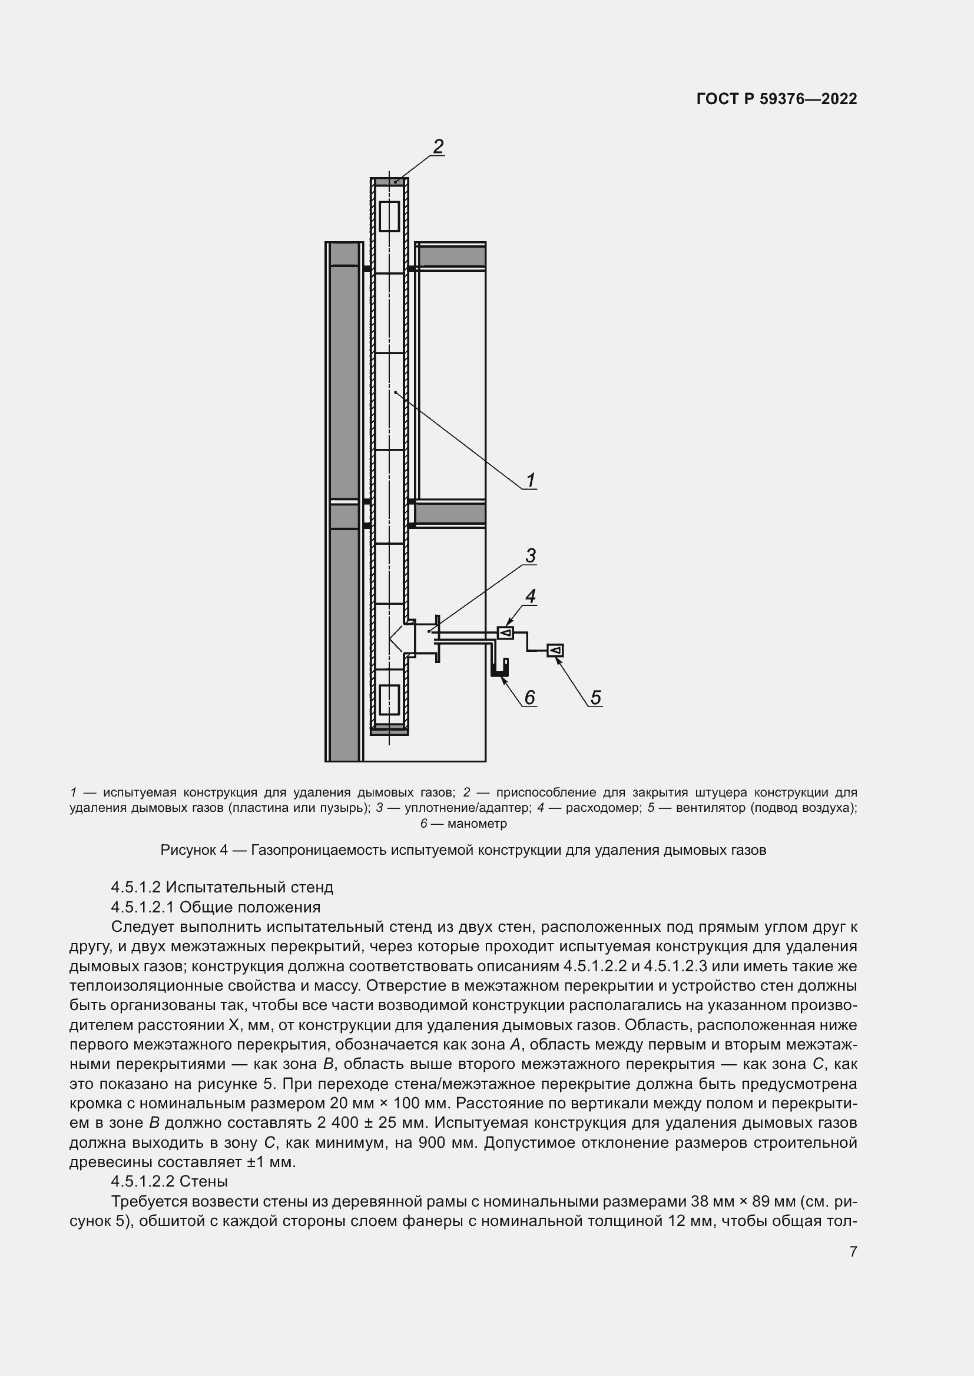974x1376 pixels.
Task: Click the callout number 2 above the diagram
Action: click(439, 146)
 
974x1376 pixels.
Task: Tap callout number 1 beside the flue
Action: click(531, 480)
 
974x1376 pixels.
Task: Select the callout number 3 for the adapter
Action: click(531, 555)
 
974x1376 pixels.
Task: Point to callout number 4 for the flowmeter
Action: click(530, 597)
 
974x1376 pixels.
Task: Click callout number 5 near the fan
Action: click(595, 697)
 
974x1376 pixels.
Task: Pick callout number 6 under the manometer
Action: click(529, 697)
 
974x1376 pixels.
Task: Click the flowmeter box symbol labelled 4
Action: click(506, 632)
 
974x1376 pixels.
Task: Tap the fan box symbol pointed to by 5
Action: click(555, 650)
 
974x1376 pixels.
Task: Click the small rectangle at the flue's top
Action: click(389, 216)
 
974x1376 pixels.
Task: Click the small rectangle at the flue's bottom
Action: click(389, 700)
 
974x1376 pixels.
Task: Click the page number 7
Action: click(853, 1251)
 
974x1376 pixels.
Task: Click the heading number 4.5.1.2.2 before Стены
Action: click(143, 1182)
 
